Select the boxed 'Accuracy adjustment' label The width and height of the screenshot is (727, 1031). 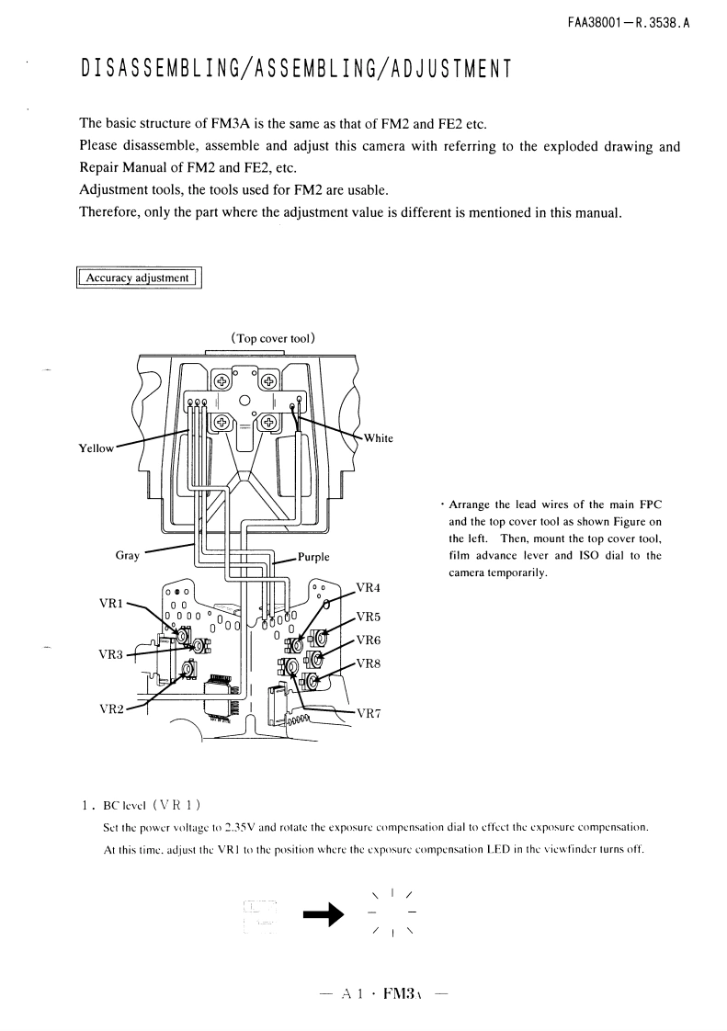[138, 278]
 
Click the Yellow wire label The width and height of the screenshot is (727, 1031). [98, 448]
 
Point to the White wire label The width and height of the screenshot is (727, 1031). [378, 438]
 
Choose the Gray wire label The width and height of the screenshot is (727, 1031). [128, 556]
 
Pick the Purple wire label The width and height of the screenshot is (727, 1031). [313, 557]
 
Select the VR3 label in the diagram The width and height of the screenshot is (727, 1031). [111, 654]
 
